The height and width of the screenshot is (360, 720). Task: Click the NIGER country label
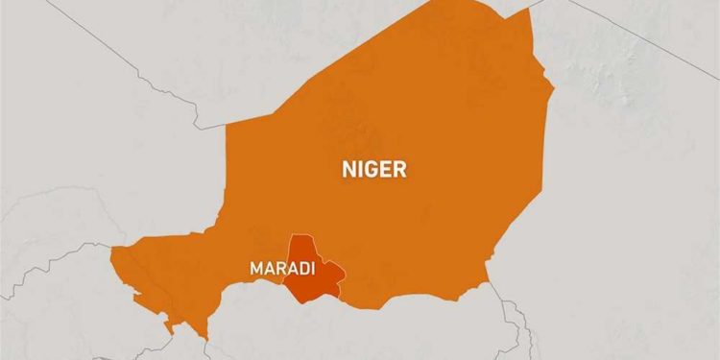374,170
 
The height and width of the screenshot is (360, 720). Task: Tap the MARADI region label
282,269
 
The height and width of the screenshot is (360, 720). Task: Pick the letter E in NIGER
387,170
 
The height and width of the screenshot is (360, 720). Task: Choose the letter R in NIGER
399,170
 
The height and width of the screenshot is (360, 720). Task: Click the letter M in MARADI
256,269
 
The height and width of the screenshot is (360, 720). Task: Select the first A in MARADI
269,269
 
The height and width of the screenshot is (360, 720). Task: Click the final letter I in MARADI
313,269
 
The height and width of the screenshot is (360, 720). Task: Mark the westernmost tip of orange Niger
111,252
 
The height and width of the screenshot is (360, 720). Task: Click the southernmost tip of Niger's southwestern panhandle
204,337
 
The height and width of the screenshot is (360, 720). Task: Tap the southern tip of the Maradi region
305,302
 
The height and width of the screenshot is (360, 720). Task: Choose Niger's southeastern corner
488,285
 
